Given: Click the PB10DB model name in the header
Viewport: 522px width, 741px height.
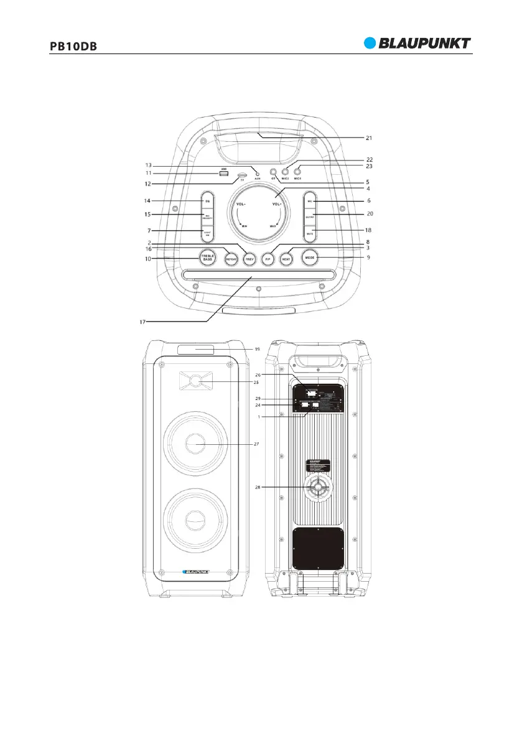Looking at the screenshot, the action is pyautogui.click(x=72, y=47).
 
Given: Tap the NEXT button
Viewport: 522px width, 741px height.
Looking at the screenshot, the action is pyautogui.click(x=286, y=257).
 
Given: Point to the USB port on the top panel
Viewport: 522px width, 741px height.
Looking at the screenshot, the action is pyautogui.click(x=223, y=173).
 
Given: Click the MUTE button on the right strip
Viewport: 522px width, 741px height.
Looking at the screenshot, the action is pyautogui.click(x=312, y=231).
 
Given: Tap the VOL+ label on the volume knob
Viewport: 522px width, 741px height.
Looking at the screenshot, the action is pyautogui.click(x=276, y=203).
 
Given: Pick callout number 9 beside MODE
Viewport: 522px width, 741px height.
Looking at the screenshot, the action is pyautogui.click(x=369, y=256).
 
